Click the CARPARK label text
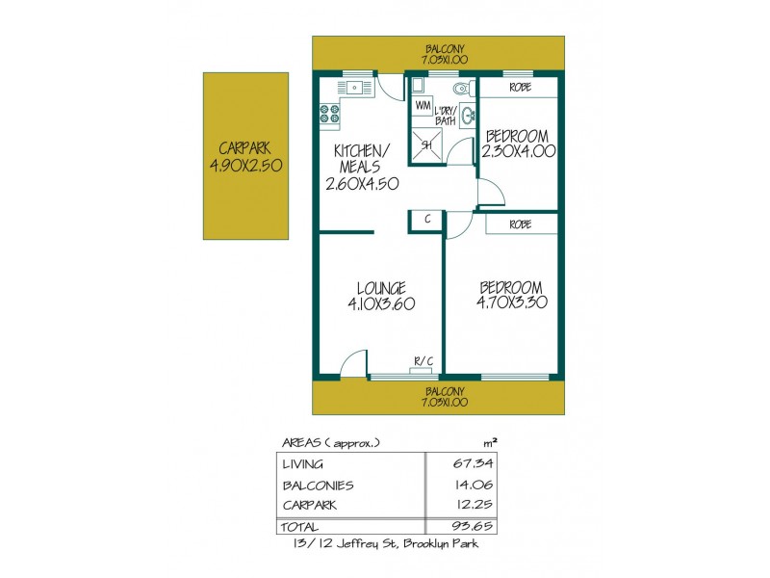[x=244, y=149]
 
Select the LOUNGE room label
[x=381, y=288]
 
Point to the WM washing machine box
[x=423, y=104]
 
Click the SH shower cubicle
[x=426, y=145]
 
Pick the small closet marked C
[x=425, y=220]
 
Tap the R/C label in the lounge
[x=423, y=361]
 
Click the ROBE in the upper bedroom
[x=520, y=86]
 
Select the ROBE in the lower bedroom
[x=521, y=223]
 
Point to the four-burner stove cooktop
[x=330, y=116]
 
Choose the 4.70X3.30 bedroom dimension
[x=512, y=302]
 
